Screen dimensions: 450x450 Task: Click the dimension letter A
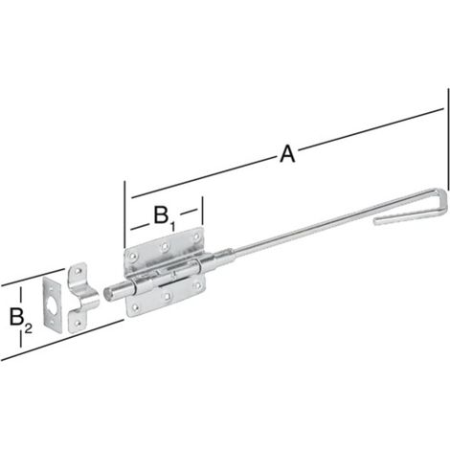click(x=287, y=154)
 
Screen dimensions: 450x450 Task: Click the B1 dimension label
click(x=165, y=218)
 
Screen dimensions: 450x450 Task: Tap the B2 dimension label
click(x=21, y=319)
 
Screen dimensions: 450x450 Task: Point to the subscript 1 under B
click(x=172, y=226)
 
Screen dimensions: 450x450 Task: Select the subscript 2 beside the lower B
click(x=29, y=328)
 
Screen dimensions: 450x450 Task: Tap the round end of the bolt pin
click(x=107, y=293)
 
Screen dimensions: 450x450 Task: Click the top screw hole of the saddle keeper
click(x=78, y=271)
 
